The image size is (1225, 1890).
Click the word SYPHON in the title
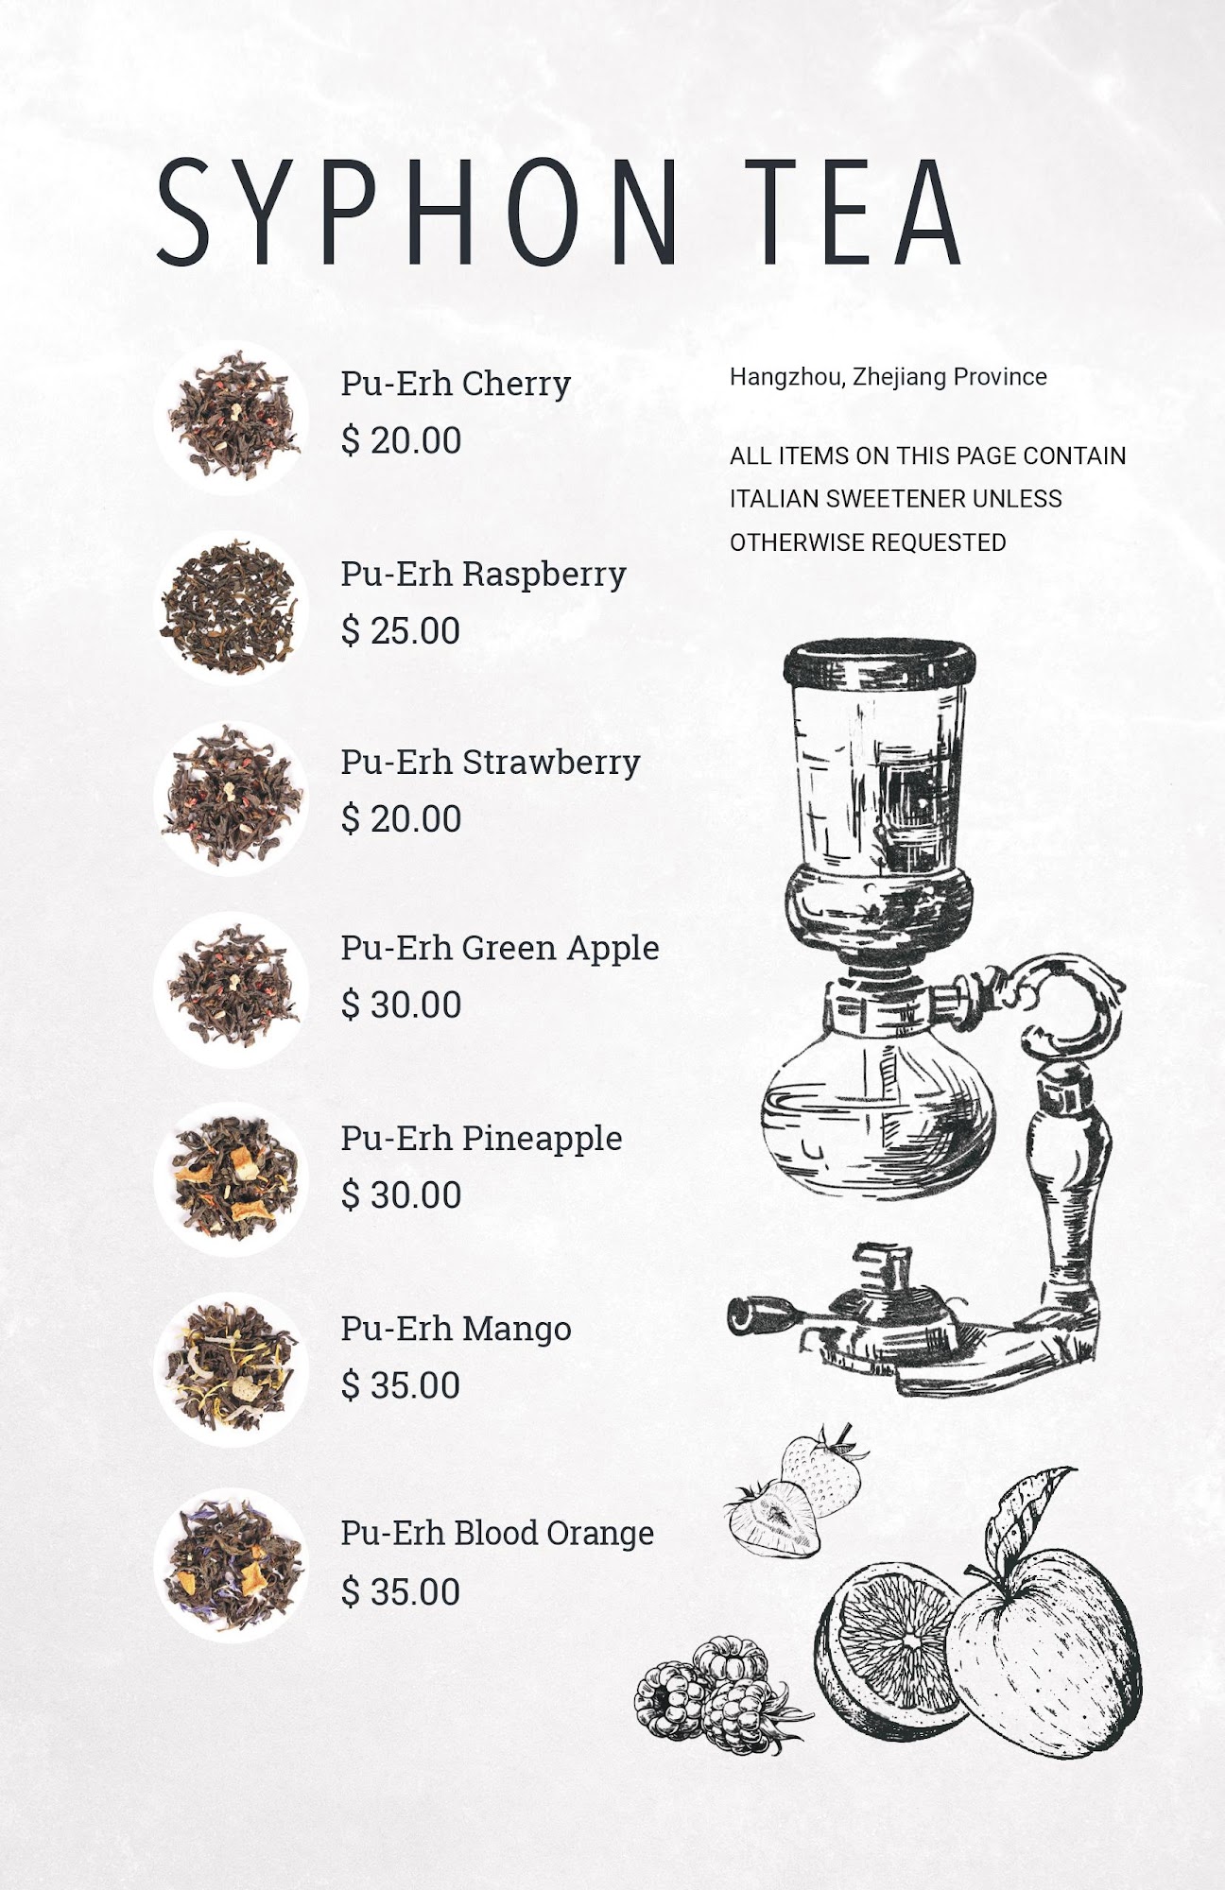[x=419, y=211]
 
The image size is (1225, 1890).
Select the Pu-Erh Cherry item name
[x=456, y=384]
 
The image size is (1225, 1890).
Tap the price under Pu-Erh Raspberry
[x=401, y=630]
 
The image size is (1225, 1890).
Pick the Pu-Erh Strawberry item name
[x=491, y=762]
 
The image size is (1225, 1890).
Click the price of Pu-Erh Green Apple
[x=401, y=1005]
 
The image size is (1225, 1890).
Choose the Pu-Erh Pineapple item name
[x=481, y=1138]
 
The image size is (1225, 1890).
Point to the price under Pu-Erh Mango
[x=401, y=1385]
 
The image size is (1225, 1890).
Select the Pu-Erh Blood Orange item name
[x=497, y=1532]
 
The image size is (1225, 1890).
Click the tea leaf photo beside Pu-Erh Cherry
[x=232, y=418]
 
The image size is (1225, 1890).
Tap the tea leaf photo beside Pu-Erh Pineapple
[x=232, y=1177]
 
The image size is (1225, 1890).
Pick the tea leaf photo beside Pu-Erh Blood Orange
[x=232, y=1566]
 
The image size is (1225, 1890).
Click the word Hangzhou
[x=789, y=378]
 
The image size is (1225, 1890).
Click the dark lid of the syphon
[x=879, y=662]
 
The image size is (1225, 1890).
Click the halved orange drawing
[x=889, y=1644]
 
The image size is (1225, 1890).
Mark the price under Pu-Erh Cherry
[x=401, y=440]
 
